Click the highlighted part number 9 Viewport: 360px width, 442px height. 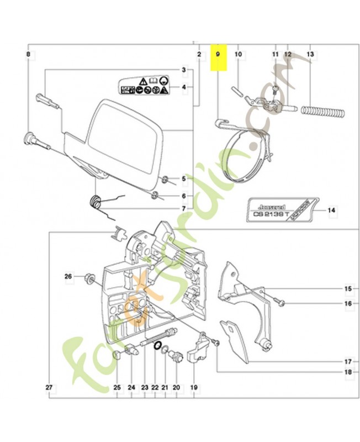[218, 55]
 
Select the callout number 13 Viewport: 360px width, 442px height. [310, 54]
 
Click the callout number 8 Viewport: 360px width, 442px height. [29, 54]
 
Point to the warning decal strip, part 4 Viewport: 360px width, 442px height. [145, 86]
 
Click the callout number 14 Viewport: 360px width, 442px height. [332, 210]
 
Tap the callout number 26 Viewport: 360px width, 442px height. [68, 276]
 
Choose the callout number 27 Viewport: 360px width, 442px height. [49, 387]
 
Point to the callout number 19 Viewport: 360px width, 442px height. [194, 387]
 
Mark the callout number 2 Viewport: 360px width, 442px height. [198, 54]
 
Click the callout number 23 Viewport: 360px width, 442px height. [145, 387]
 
